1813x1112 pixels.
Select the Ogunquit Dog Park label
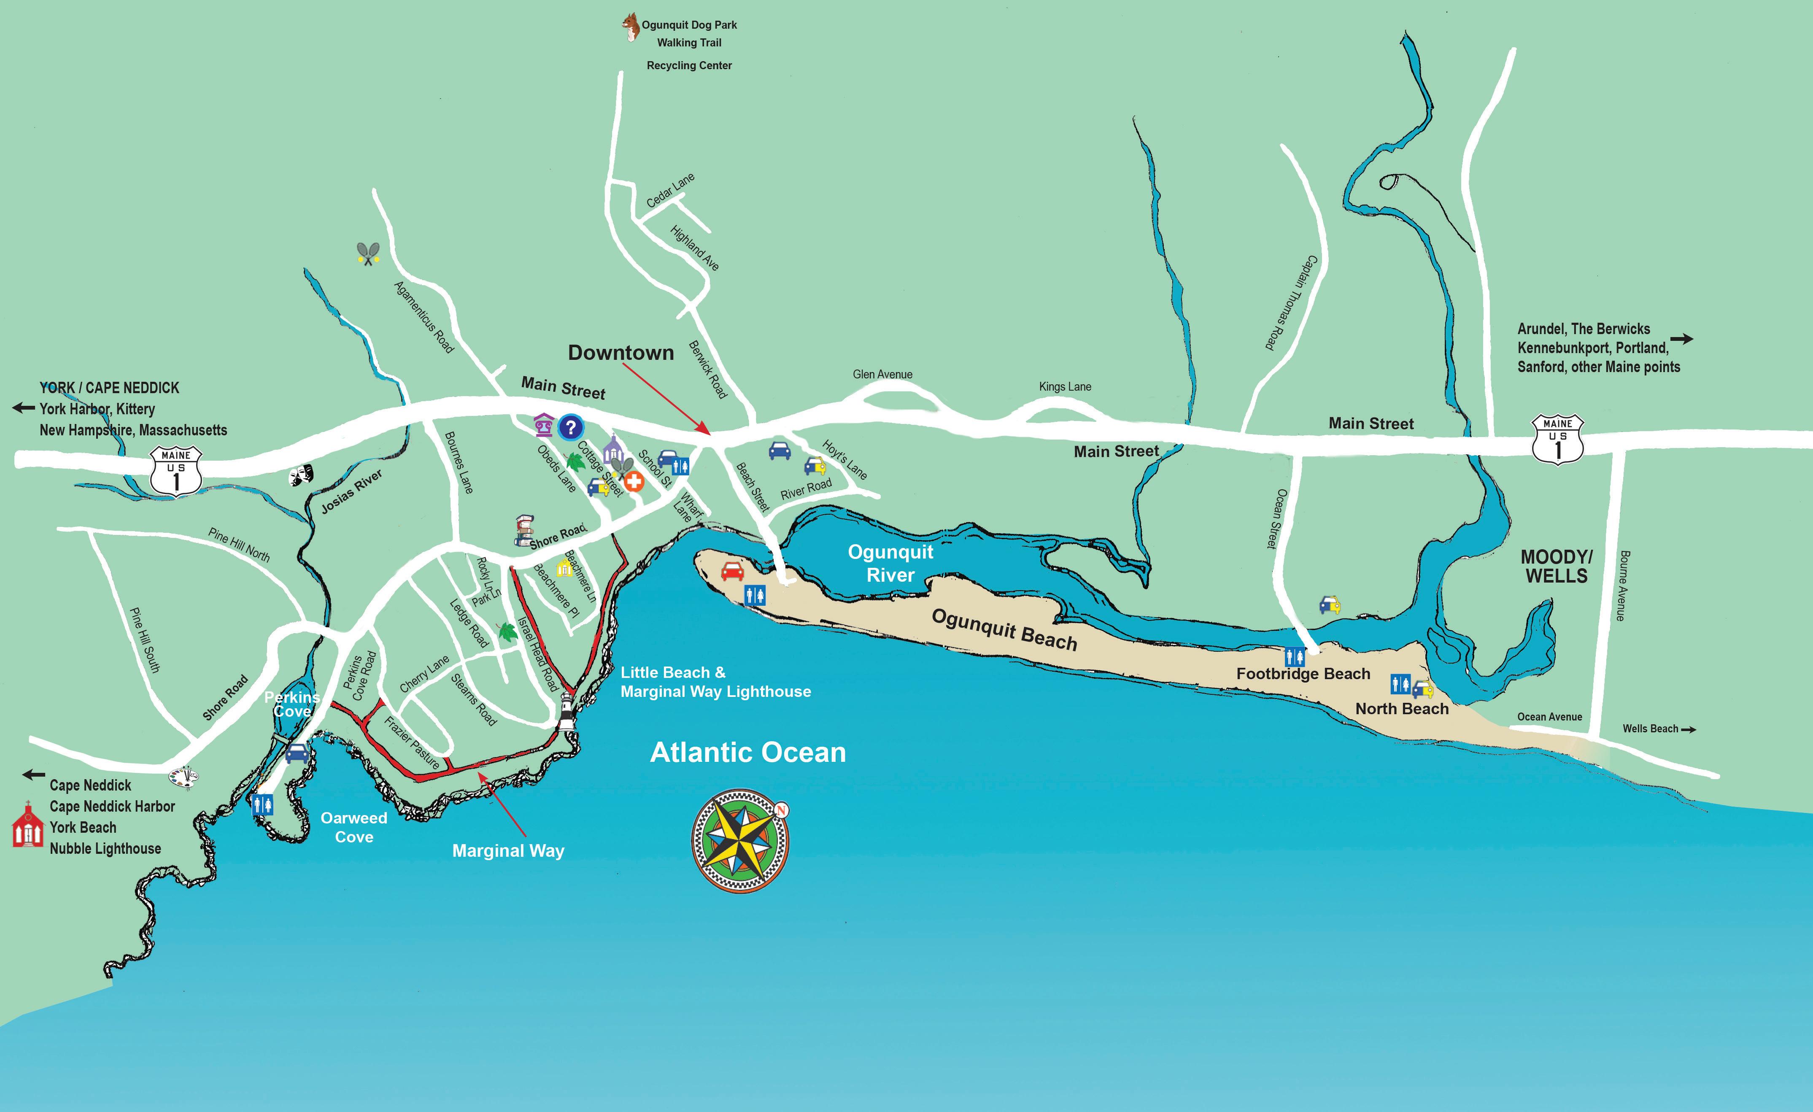(x=689, y=25)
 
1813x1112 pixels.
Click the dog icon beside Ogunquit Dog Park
(x=630, y=27)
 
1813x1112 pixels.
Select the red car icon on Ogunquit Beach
(x=732, y=571)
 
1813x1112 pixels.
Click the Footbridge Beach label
(x=1303, y=673)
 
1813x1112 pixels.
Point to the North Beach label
(x=1402, y=709)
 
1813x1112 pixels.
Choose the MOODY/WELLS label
(x=1556, y=567)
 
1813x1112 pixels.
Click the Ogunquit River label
(x=890, y=563)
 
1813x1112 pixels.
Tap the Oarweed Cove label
(x=354, y=827)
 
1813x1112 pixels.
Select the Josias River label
(x=352, y=491)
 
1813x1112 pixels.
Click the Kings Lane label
(x=1065, y=386)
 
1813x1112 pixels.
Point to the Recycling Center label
(x=689, y=65)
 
